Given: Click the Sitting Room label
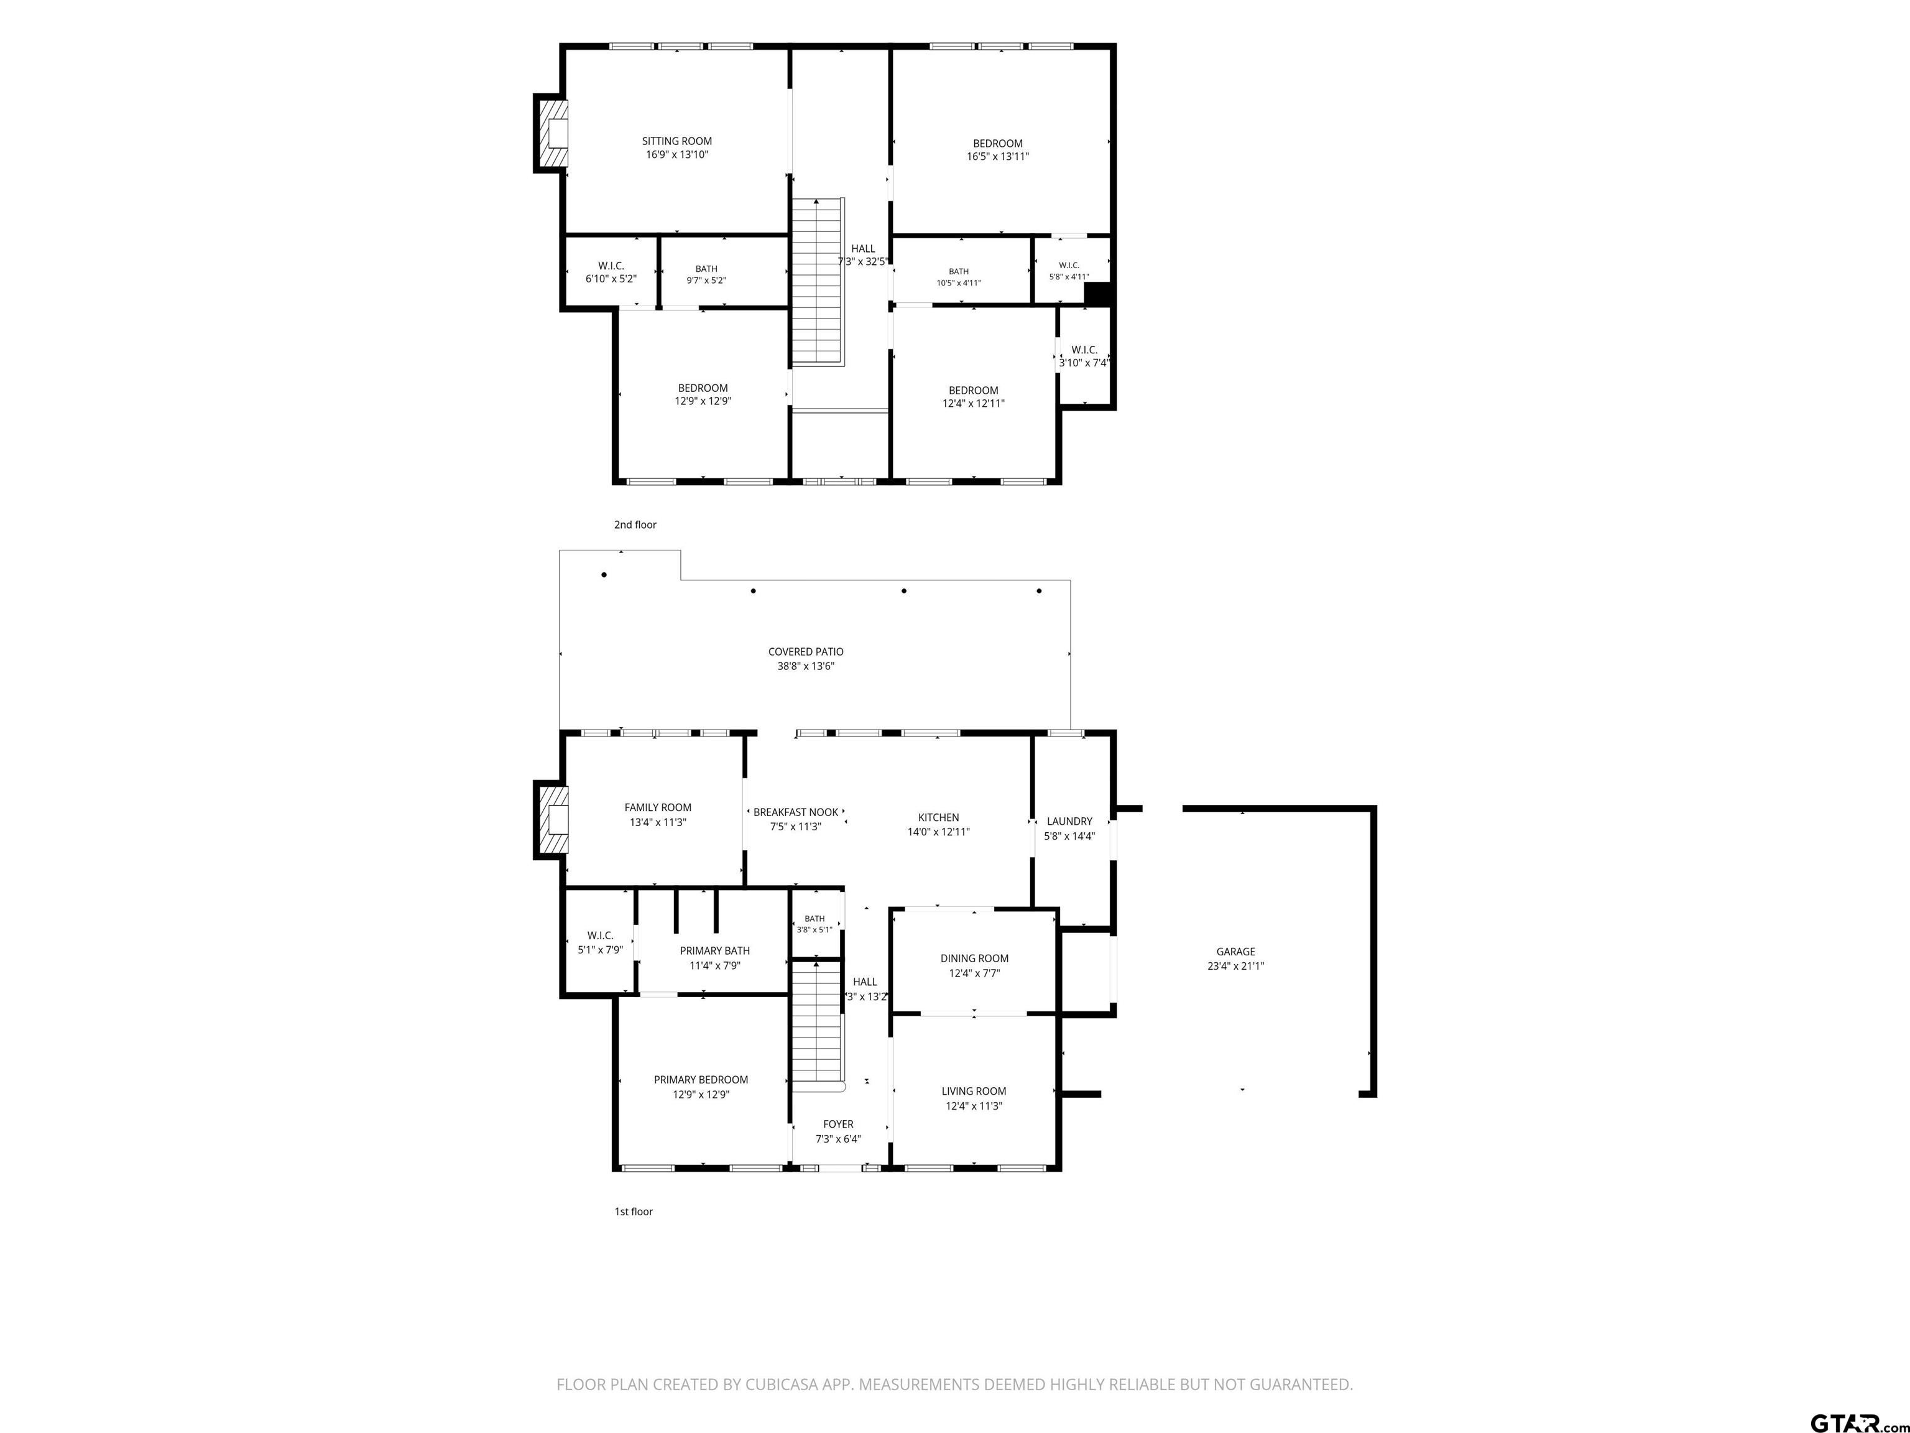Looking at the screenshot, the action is click(x=677, y=141).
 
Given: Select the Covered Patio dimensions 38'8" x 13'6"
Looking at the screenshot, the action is click(x=806, y=666).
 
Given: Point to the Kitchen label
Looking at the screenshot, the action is click(x=939, y=817).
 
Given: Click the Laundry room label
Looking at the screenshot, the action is click(x=1070, y=822).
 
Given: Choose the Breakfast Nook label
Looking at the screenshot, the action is click(x=796, y=812).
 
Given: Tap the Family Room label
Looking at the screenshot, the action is click(x=658, y=808).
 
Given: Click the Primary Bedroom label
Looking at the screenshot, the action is click(x=701, y=1080).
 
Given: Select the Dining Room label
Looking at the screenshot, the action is click(x=975, y=958).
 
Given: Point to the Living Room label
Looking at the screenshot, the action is click(x=974, y=1091).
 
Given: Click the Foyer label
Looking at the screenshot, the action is click(x=839, y=1124).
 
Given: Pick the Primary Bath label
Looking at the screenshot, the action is click(x=715, y=951).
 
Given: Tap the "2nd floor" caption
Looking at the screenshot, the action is click(x=635, y=524).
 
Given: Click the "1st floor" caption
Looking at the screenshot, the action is click(x=634, y=1211).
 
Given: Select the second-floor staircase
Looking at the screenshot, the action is click(x=817, y=282).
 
